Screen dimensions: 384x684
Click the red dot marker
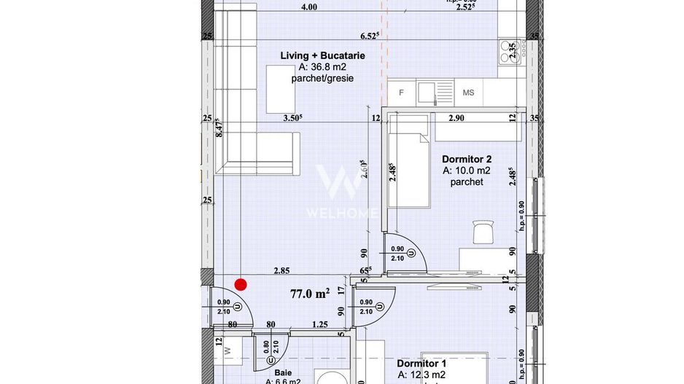click(241, 285)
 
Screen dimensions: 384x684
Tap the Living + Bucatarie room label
click(322, 55)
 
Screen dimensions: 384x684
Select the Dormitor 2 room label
click(467, 159)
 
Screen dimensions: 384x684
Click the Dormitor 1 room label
click(421, 363)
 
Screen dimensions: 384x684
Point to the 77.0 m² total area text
click(310, 294)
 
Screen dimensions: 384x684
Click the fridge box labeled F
click(400, 93)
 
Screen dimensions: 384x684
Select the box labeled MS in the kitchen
click(468, 93)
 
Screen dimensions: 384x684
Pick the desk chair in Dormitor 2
click(483, 232)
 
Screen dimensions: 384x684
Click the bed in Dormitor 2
click(405, 168)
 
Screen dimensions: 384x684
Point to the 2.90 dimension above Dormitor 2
click(456, 117)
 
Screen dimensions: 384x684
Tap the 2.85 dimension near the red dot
click(281, 270)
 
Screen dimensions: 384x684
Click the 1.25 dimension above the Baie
click(319, 324)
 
